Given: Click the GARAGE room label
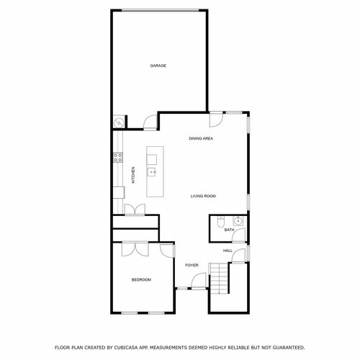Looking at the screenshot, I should (x=158, y=66).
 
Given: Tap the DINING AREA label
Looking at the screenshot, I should (x=201, y=138).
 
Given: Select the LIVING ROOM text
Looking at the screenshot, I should (x=203, y=196).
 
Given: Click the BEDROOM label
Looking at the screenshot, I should (x=141, y=279).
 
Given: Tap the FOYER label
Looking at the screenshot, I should (x=192, y=265).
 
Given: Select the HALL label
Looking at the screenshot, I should (x=228, y=251).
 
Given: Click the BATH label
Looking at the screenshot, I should (x=229, y=230).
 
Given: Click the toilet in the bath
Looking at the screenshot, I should (x=222, y=221).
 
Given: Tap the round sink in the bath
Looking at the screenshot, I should (x=240, y=220).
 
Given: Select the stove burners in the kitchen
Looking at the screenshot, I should (x=116, y=158).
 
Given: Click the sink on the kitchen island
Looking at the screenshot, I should (x=153, y=172).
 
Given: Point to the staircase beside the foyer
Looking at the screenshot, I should (x=218, y=278).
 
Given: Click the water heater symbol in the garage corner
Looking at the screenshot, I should (x=118, y=123).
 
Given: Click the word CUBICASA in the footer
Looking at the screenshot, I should (x=128, y=347).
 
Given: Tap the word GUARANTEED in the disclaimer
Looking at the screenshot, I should (x=287, y=347).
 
